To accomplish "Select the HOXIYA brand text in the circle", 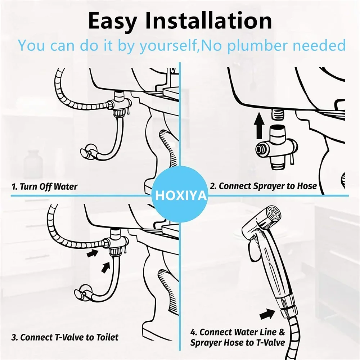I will pos(181,196).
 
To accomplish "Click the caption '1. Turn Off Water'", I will pos(44,186).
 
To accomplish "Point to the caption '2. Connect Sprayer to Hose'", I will pos(263,186).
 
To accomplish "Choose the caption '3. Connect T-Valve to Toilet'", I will pos(65,337).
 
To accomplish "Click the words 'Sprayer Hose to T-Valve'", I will pos(238,342).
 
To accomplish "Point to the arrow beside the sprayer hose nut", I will pos(267,314).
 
